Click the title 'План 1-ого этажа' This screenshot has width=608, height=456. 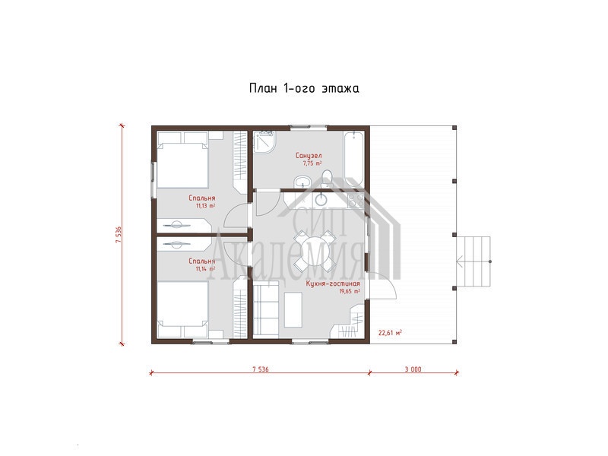304,88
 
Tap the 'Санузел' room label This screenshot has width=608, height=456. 309,156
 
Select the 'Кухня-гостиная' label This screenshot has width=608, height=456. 333,283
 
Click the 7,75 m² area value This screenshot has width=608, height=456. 312,163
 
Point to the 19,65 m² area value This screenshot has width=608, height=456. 350,292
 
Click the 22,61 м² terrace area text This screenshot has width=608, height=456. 390,332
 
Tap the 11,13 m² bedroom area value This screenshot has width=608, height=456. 205,206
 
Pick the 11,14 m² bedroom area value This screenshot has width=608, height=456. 205,269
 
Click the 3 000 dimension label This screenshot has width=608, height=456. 413,369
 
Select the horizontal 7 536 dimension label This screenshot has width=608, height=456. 260,369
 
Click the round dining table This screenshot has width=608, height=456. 313,251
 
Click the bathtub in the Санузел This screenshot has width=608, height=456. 353,159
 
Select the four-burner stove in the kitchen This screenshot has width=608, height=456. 356,201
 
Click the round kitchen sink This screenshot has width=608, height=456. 321,200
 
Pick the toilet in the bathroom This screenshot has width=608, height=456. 327,179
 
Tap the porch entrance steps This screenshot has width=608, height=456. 473,261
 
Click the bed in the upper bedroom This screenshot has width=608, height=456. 182,160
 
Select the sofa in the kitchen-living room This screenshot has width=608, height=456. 266,309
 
